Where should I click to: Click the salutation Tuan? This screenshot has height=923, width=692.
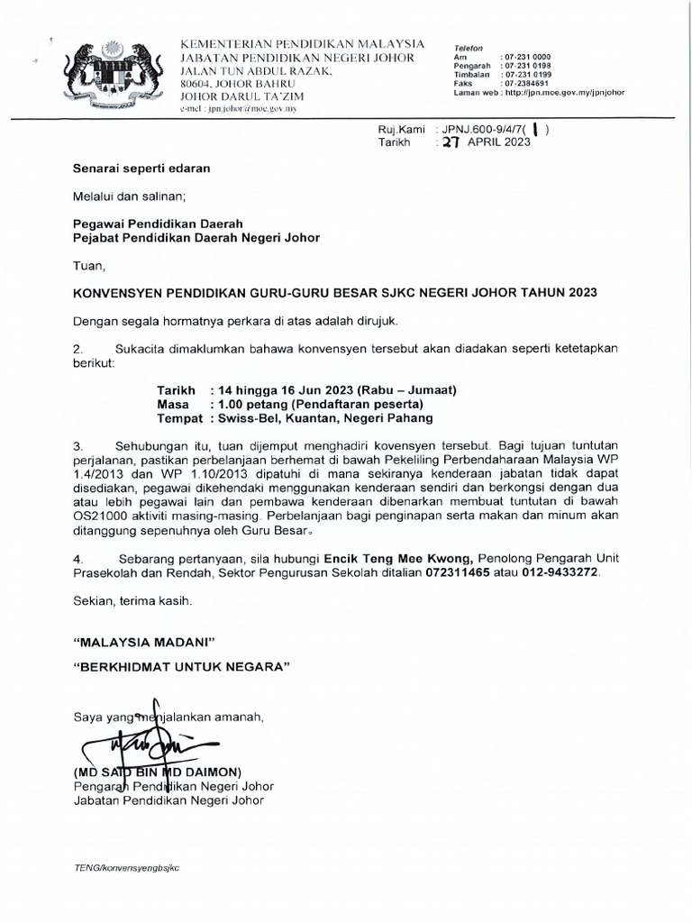[x=88, y=266]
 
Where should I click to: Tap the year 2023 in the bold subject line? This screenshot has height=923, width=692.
[x=577, y=293]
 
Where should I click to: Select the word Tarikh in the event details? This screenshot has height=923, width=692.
[x=176, y=390]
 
